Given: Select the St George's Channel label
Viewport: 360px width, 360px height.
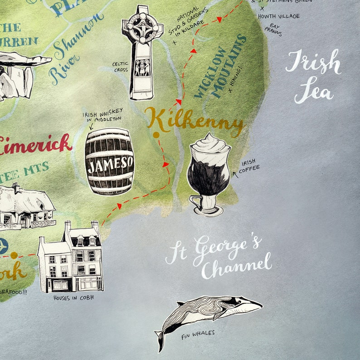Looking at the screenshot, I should click(219, 257).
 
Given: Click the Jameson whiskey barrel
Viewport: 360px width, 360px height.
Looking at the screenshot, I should click(110, 161).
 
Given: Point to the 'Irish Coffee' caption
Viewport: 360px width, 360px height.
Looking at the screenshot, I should click(249, 165).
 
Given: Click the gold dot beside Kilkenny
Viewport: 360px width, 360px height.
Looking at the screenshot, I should click(156, 135).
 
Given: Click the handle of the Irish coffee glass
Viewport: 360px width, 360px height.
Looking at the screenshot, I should click(193, 201).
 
